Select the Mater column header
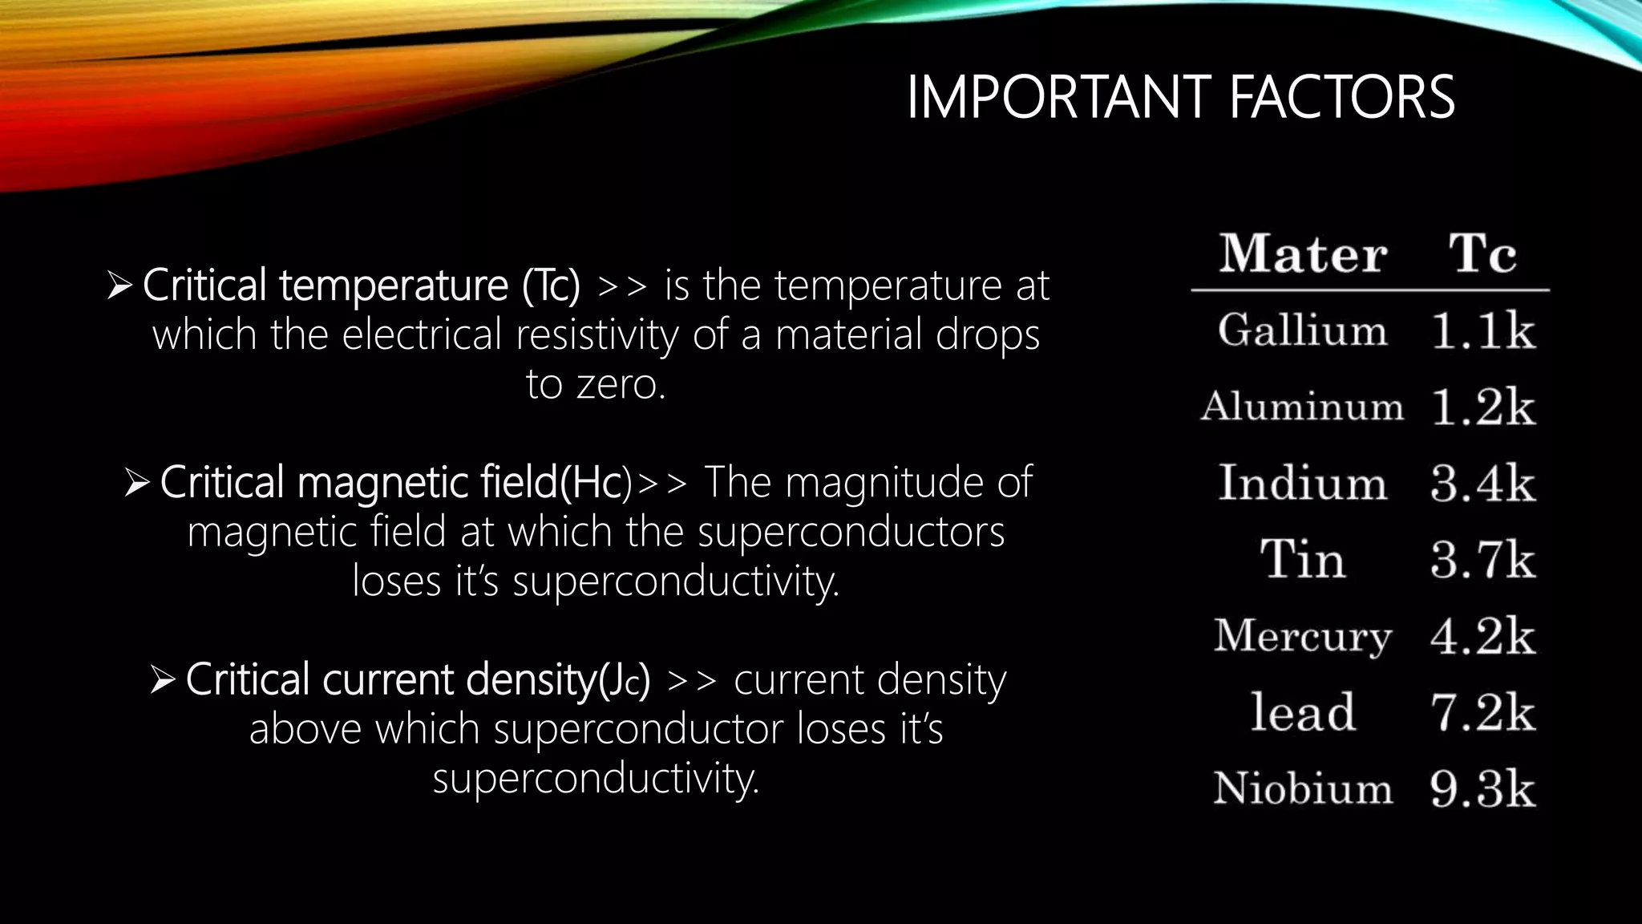pos(1304,254)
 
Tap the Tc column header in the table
pos(1482,254)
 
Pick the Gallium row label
pos(1303,330)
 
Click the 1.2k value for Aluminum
pos(1482,407)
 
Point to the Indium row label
pos(1303,483)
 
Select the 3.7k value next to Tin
pos(1482,560)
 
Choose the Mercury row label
pos(1303,637)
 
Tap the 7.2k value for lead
pos(1482,712)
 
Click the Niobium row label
pos(1303,788)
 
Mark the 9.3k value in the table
pos(1482,789)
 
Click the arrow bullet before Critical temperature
pos(119,286)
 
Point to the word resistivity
pos(597,335)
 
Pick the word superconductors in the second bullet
pos(851,533)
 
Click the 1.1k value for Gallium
pos(1482,331)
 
